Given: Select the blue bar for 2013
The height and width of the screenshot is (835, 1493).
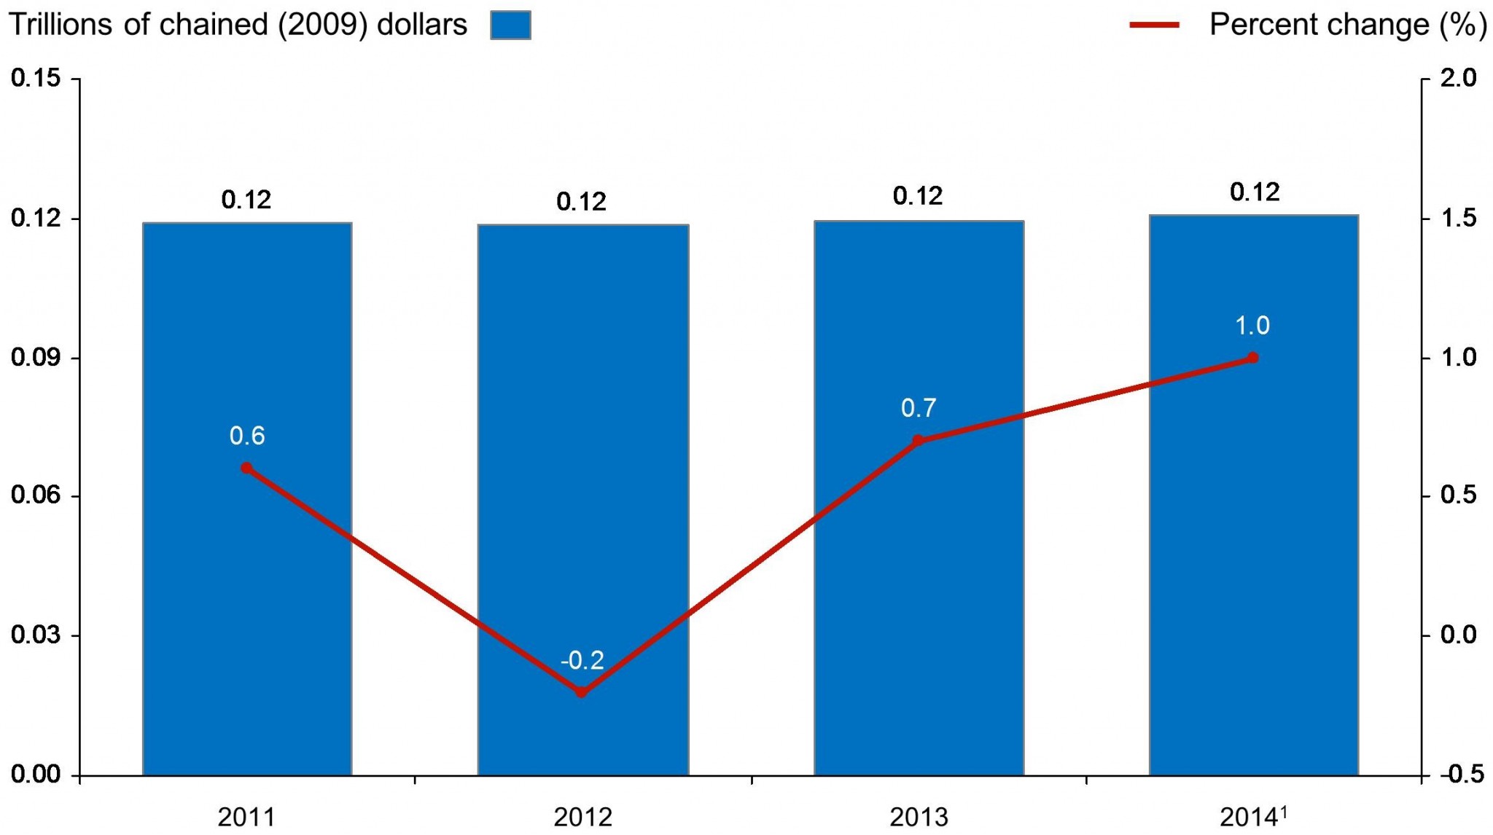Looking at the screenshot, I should (x=919, y=583).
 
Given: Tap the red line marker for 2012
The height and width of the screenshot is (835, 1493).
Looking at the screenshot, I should (x=581, y=691).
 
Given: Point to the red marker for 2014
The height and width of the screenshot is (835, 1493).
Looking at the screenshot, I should (x=1252, y=358).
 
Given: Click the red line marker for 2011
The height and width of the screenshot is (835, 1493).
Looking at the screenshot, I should (x=246, y=468).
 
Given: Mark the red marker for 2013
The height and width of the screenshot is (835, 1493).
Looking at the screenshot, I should (x=918, y=440).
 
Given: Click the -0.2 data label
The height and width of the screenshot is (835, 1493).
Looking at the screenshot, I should (x=582, y=660).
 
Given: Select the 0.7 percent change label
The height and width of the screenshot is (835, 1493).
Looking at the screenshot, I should (x=918, y=408).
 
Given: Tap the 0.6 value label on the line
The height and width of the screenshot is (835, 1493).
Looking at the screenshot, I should (x=246, y=436).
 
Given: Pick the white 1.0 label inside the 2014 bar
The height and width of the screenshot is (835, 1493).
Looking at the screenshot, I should (x=1252, y=326).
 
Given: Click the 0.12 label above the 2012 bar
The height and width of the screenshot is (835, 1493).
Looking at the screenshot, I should (x=581, y=202).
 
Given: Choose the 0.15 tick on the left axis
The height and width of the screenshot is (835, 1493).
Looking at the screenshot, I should (x=35, y=78).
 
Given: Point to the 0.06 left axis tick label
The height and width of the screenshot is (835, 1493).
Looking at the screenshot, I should (x=35, y=495).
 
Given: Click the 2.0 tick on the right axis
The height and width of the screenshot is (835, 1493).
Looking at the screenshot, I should (x=1458, y=78).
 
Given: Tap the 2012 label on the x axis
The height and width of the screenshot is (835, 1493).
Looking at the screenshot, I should (x=582, y=818).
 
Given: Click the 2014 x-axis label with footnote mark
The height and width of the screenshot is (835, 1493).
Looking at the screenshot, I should (x=1253, y=817).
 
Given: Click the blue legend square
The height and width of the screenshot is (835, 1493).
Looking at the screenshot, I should (x=510, y=25).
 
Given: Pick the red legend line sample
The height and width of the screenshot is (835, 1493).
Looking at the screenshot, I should (x=1154, y=25).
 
